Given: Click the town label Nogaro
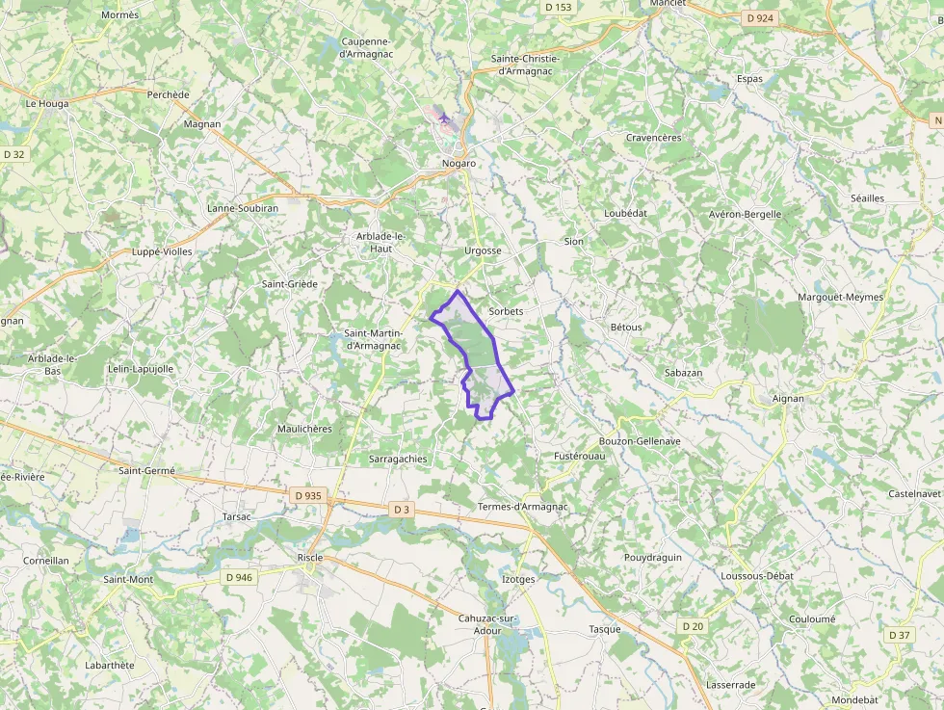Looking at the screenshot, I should click(x=459, y=163).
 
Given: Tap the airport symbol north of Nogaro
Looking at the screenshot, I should click(x=443, y=118).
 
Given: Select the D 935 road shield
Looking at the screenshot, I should click(x=308, y=495).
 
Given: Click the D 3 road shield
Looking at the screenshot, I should click(x=402, y=509).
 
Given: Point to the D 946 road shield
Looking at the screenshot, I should click(x=239, y=577).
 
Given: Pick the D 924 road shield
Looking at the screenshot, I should click(x=760, y=17).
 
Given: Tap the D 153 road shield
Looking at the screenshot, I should click(x=558, y=7).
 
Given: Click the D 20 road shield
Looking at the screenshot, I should click(x=693, y=626).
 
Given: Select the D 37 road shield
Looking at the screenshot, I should click(x=899, y=635).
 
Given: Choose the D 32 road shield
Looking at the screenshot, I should click(x=13, y=153).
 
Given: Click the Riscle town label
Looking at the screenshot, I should click(x=310, y=558).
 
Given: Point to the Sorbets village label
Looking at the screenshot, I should click(x=506, y=311).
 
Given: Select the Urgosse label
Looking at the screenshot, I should click(x=483, y=250).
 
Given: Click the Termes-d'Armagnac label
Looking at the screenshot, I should click(x=523, y=507).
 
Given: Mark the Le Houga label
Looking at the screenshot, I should click(x=43, y=103).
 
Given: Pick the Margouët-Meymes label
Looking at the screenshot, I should click(x=840, y=297).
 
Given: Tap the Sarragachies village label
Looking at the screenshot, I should click(x=398, y=459).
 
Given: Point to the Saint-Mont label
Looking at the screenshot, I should click(x=128, y=579).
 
